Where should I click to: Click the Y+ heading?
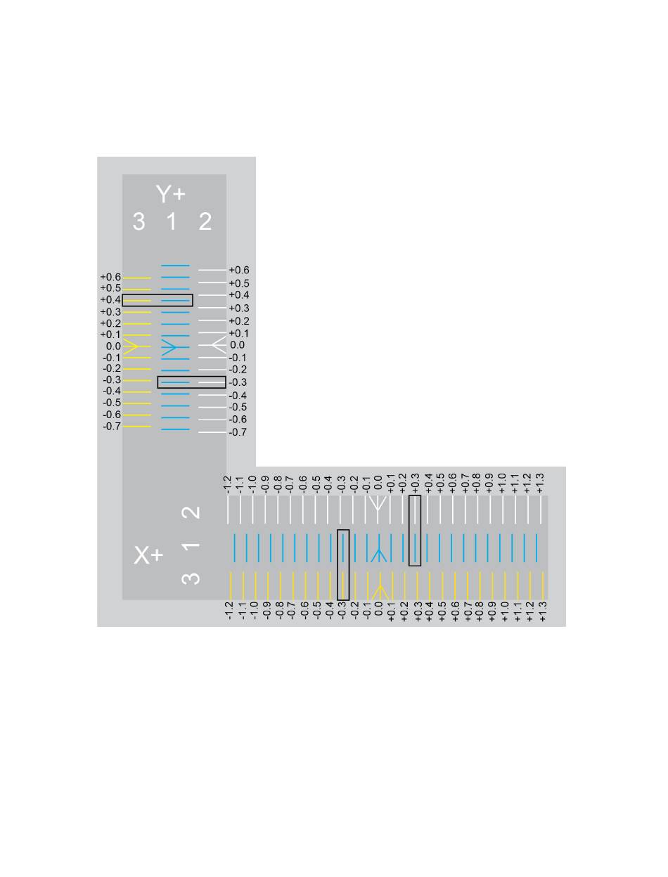tap(171, 194)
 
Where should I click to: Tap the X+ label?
tap(148, 555)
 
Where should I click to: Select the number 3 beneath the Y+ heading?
tap(139, 222)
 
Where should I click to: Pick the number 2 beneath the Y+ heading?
tap(205, 222)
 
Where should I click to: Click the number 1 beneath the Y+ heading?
tap(172, 222)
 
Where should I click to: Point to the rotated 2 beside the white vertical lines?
tap(191, 512)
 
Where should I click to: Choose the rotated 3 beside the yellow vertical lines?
tap(191, 578)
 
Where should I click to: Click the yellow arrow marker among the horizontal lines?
tap(131, 346)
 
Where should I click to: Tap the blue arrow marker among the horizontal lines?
tap(169, 346)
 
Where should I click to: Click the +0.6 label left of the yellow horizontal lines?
tap(110, 278)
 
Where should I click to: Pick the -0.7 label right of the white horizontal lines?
tap(238, 432)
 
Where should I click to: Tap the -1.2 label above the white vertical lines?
tap(227, 483)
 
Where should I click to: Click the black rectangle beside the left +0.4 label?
tap(158, 301)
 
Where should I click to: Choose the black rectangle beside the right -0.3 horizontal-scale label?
tap(191, 382)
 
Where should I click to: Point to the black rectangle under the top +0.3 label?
tap(415, 531)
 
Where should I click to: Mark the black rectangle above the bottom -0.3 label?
tap(343, 564)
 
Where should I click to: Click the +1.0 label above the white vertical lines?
tap(502, 483)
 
